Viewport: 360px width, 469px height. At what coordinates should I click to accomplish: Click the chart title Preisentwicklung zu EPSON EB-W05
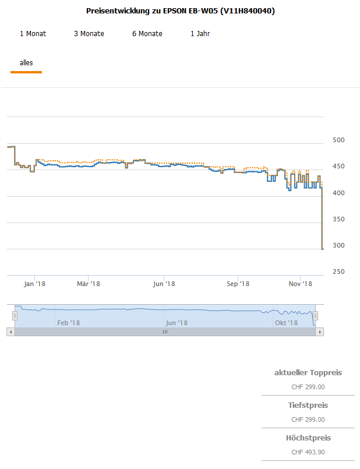coord(180,11)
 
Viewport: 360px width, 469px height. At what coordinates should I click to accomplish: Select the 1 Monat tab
coord(33,34)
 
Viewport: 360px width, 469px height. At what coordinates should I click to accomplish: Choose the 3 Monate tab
coord(89,34)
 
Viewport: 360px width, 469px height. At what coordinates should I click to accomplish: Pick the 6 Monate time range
coord(147,34)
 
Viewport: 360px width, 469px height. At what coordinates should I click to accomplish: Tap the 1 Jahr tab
coord(200,34)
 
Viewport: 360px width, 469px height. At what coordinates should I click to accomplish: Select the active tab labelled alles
coord(26,62)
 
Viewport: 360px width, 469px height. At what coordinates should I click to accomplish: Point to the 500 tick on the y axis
coord(338,140)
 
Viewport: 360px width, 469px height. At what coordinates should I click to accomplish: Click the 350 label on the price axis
coord(338,219)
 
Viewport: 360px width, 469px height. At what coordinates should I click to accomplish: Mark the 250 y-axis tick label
coord(338,271)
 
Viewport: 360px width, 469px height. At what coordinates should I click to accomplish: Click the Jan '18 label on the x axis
coord(35,284)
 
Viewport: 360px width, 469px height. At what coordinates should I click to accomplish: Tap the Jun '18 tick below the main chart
coord(164,284)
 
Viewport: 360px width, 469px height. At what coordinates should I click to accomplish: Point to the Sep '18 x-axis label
coord(238,284)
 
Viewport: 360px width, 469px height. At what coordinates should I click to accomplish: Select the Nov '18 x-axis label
coord(301,284)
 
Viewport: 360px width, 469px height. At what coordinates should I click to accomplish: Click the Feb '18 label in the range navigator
coord(68,323)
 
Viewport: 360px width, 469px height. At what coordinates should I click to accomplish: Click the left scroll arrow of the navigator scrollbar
coord(10,332)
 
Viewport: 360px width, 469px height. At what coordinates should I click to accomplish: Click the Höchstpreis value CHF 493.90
coord(308,452)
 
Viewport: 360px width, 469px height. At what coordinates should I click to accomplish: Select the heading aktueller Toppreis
coord(308,373)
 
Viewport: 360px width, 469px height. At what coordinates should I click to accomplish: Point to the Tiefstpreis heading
coord(308,405)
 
